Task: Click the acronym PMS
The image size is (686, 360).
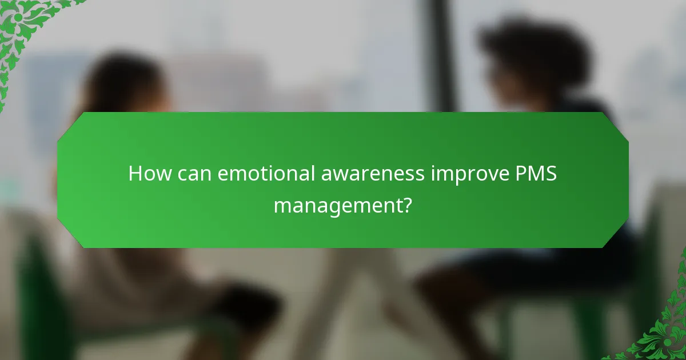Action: (x=536, y=173)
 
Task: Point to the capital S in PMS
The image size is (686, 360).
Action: (x=551, y=173)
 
